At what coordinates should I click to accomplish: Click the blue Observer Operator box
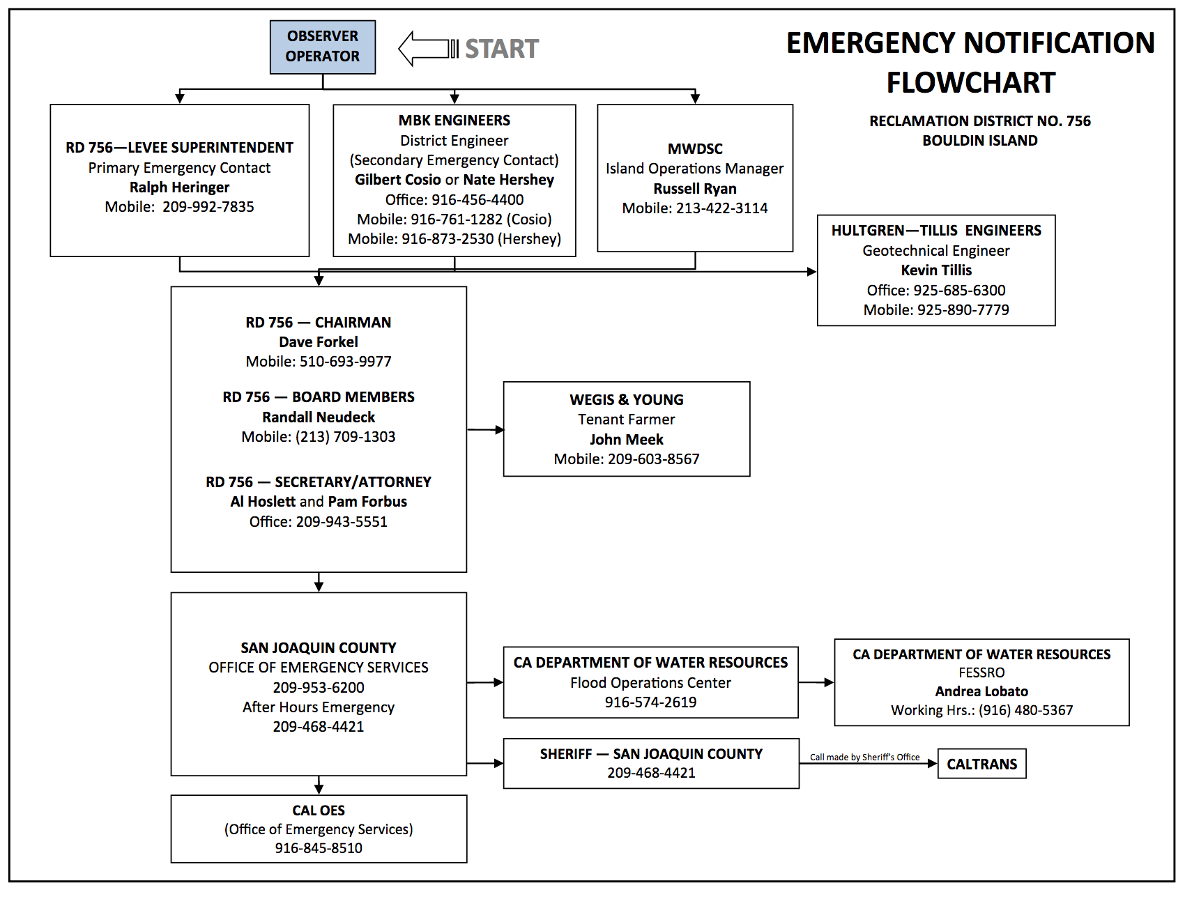pos(323,47)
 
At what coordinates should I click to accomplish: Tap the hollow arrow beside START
pos(428,49)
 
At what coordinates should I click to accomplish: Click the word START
pos(502,49)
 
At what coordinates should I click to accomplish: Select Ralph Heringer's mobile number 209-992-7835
pos(208,207)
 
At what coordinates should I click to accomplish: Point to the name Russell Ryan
pos(695,189)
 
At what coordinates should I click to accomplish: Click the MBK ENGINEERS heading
pos(454,121)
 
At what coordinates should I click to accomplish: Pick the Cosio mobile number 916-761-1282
pos(457,220)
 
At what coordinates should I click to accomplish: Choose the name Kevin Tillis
pos(936,270)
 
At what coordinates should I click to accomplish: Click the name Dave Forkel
pos(319,342)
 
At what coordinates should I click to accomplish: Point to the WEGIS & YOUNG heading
pos(627,400)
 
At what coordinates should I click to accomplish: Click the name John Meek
pos(627,440)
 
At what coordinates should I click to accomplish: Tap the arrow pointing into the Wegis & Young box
pos(485,430)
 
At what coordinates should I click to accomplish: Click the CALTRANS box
pos(982,764)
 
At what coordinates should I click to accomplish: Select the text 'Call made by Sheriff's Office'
pos(864,758)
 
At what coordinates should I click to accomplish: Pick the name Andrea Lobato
pos(981,691)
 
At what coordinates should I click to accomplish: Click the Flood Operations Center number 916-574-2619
pos(651,702)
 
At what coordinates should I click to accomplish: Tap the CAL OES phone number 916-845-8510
pos(319,848)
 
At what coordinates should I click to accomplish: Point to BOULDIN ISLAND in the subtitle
pos(980,141)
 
